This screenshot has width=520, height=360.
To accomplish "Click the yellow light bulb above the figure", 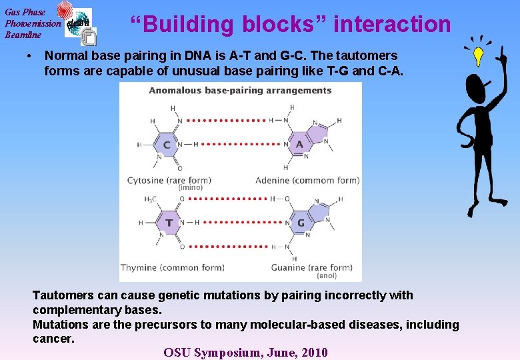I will point(477,56).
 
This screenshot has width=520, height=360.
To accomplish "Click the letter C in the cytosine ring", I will point(167,145).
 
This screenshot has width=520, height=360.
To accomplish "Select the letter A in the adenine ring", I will point(299,145).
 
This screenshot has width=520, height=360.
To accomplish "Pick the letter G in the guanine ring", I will point(300,223).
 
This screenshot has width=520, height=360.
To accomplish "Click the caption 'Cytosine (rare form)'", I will point(169,180).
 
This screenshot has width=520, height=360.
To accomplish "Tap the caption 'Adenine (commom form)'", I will point(307,180).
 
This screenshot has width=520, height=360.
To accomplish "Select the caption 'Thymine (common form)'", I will point(172,268).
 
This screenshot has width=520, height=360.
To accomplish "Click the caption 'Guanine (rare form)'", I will point(311,268).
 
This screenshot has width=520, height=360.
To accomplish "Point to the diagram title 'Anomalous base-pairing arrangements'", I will point(240,91).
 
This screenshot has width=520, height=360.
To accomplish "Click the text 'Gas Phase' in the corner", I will point(25,11).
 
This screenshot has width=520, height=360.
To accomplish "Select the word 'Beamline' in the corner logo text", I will point(23,35).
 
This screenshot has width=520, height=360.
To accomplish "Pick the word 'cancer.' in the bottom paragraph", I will point(53,339).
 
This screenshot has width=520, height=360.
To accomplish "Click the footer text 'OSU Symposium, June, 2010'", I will point(245,352).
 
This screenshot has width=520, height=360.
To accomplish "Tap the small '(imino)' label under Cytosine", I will point(190,188).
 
